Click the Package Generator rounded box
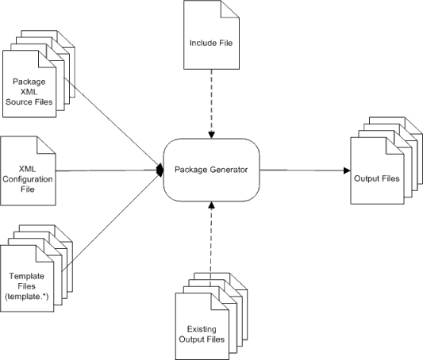pos(211,169)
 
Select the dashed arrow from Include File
pos(212,99)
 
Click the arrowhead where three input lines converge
pos(159,170)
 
